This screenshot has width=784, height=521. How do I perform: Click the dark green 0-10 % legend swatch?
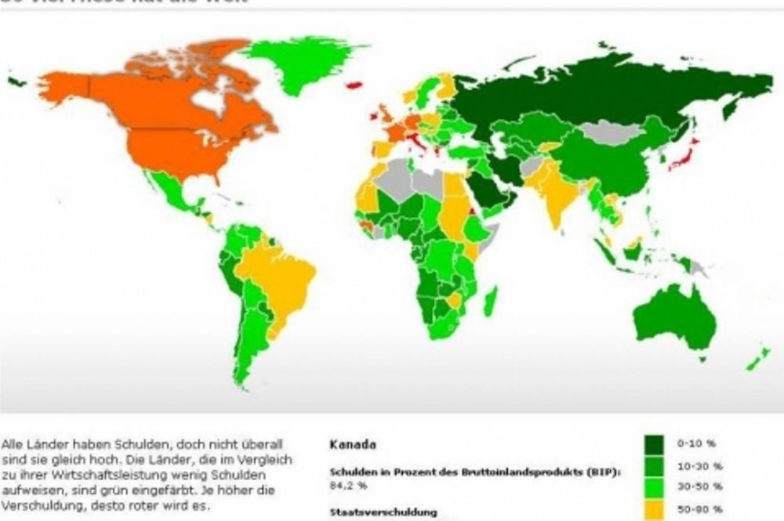point(655,444)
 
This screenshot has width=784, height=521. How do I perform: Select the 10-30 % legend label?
point(694,465)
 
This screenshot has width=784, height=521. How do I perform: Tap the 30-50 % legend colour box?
point(655,488)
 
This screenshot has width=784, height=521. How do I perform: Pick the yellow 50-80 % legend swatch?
point(655,509)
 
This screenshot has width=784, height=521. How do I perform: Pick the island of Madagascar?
point(490,302)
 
